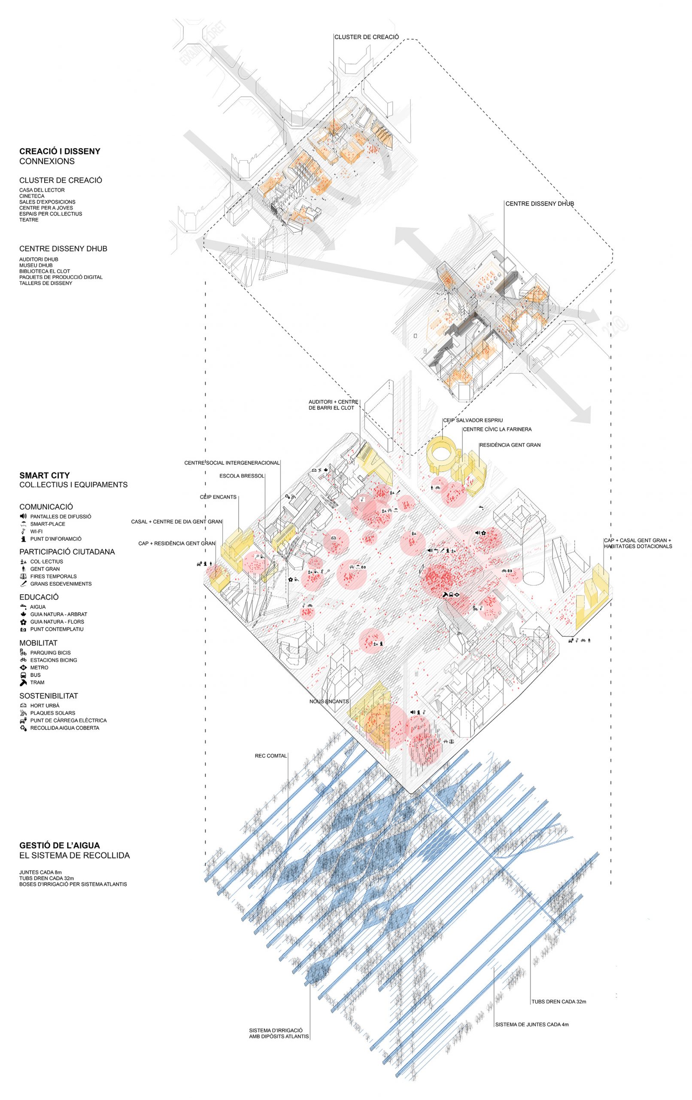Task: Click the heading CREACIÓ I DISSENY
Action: pyautogui.click(x=59, y=151)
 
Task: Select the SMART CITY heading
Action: pyautogui.click(x=44, y=476)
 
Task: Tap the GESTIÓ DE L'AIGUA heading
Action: pyautogui.click(x=59, y=846)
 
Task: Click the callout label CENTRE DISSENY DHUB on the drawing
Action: pyautogui.click(x=540, y=204)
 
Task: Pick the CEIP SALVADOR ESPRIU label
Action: pyautogui.click(x=473, y=420)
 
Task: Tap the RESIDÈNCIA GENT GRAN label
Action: pyautogui.click(x=510, y=445)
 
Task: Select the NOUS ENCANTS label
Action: pyautogui.click(x=329, y=701)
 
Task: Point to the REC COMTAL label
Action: pyautogui.click(x=271, y=755)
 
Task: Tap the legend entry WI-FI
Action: pyautogui.click(x=36, y=532)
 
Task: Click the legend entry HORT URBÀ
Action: pyautogui.click(x=44, y=705)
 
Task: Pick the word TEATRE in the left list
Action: pyautogui.click(x=29, y=220)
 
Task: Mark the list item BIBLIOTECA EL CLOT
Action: pyautogui.click(x=44, y=271)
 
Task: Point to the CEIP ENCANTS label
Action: pyautogui.click(x=218, y=497)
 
